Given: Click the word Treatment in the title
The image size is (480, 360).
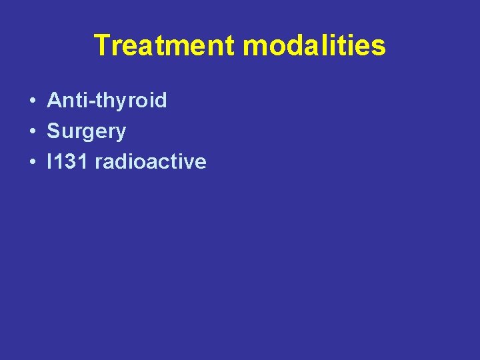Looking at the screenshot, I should [x=165, y=46].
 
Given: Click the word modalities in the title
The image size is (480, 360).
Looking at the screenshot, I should [x=314, y=46].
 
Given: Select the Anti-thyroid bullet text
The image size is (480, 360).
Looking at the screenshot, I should [x=107, y=101].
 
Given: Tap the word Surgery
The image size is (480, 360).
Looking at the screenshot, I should [x=86, y=131].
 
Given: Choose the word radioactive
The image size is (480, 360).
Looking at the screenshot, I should [x=151, y=162].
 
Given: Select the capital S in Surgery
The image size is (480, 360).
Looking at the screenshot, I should [x=53, y=131].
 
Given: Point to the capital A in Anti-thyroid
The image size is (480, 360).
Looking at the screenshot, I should [x=54, y=101].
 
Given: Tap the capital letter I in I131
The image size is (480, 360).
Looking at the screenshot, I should [x=50, y=162].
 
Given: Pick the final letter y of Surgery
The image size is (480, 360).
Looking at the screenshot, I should [x=121, y=133].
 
